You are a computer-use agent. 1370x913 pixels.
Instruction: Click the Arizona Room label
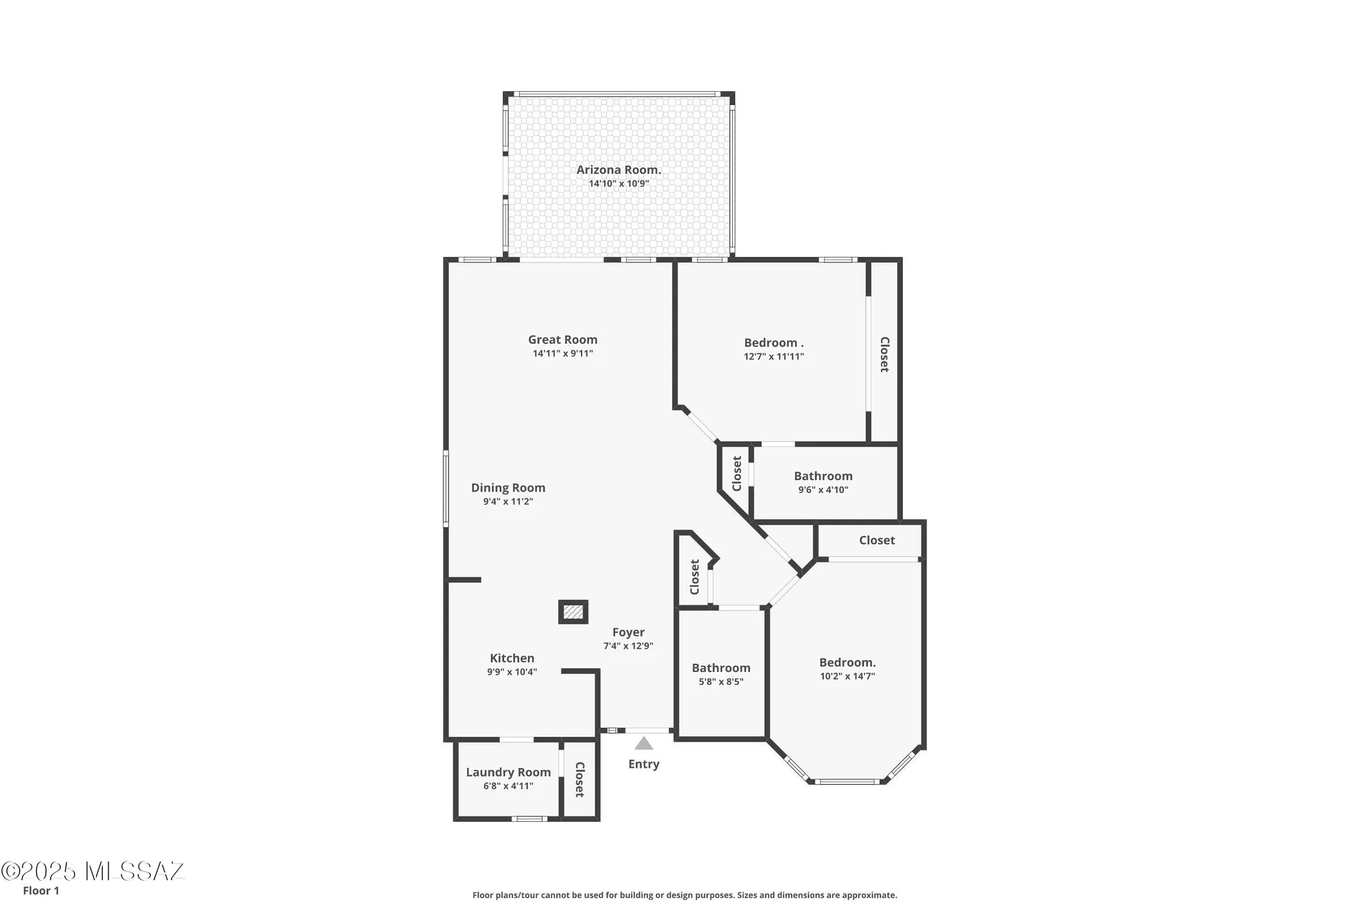point(618,170)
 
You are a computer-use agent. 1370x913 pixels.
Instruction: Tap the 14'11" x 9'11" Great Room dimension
point(562,353)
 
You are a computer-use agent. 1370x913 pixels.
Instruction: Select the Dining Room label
point(508,488)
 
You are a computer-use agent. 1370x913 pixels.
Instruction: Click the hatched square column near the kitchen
point(573,612)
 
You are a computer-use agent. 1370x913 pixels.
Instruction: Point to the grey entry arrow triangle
point(643,744)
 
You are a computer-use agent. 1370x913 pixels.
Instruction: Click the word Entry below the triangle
point(643,764)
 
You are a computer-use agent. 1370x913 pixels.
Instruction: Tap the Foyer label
point(628,632)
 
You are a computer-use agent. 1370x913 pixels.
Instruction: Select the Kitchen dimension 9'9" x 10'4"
point(512,672)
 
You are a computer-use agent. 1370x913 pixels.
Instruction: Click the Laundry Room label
point(508,772)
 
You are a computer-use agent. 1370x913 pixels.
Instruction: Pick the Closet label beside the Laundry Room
point(580,779)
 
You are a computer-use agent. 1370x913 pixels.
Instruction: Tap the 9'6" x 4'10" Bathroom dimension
point(823,490)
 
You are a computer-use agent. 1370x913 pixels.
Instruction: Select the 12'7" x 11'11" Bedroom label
point(773,342)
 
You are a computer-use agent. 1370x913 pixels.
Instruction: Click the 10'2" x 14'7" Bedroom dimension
point(847,676)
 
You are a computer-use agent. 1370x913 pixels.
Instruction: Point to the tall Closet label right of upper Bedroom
point(884,354)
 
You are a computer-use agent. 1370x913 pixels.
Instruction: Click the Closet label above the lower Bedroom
point(877,540)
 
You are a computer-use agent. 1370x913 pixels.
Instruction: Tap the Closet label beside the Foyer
point(695,577)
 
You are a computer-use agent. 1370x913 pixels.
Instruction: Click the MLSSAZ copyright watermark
point(93,871)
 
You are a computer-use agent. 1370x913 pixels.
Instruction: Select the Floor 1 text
point(41,890)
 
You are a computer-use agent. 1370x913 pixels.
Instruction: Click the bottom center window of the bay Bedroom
point(847,781)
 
